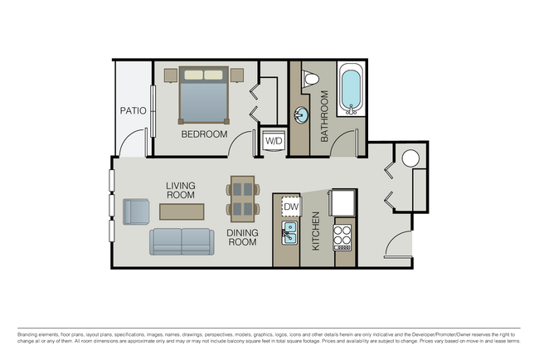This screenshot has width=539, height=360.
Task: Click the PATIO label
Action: [133, 110]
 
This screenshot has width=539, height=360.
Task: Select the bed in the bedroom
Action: [204, 95]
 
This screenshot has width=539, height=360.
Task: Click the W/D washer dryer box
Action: [273, 141]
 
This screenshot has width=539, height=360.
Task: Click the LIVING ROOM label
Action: [180, 191]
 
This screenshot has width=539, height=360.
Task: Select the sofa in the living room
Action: [182, 241]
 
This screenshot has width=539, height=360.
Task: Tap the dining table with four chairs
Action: [242, 199]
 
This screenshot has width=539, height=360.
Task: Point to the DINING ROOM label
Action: [242, 237]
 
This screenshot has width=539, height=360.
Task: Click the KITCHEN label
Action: [316, 231]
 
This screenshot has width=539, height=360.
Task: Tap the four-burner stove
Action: [343, 236]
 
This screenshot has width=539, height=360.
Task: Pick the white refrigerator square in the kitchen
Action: [343, 202]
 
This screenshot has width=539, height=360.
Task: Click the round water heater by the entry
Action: [410, 158]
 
